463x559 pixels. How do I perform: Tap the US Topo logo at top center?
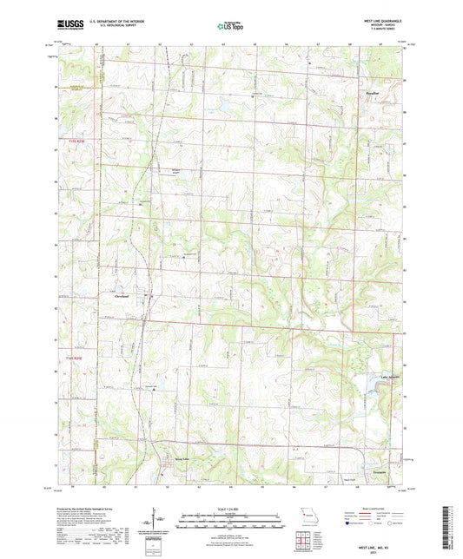228,27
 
